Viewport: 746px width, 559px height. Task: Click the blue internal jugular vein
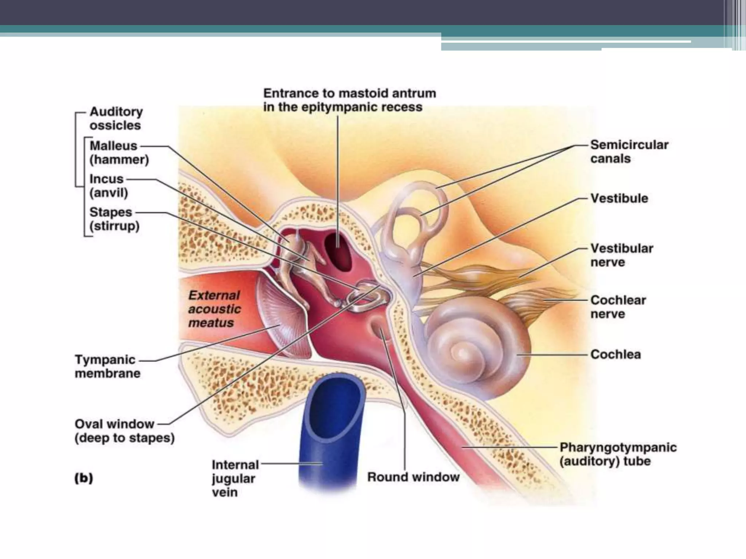pos(328,437)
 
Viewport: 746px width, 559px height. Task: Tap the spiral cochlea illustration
pos(474,349)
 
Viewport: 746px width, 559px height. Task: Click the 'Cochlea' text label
pos(615,354)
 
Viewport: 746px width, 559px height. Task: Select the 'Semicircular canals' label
pos(629,151)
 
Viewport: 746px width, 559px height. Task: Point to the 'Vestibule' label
pos(619,198)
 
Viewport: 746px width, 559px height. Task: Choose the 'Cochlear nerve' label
pos(618,307)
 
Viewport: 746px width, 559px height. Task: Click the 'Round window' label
pos(413,477)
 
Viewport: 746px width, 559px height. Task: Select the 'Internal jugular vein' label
pos(235,478)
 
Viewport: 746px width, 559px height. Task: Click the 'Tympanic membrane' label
pos(107,366)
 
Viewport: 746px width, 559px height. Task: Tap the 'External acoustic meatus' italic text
pos(215,309)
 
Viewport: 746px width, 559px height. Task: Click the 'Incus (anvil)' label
pos(109,186)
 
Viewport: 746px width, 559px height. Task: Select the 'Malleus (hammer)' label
pos(119,152)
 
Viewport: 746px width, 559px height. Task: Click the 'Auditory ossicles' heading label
pos(116,118)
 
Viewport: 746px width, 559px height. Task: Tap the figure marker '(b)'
pos(84,478)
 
